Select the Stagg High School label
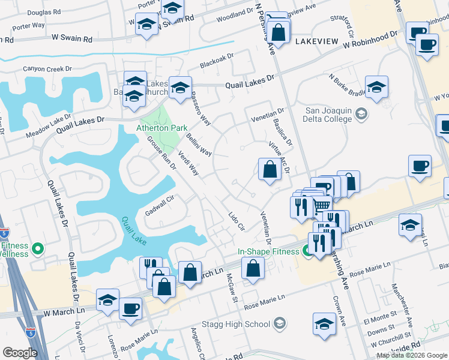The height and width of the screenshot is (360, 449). (x=242, y=325)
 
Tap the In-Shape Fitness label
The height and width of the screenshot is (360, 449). (x=268, y=251)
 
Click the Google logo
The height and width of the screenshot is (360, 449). (x=20, y=353)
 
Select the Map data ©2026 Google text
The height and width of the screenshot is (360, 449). (x=412, y=355)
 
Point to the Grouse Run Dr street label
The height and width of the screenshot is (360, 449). (x=161, y=154)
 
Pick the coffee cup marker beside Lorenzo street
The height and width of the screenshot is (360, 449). (x=130, y=309)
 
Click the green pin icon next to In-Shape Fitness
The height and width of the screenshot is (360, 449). (x=308, y=251)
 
